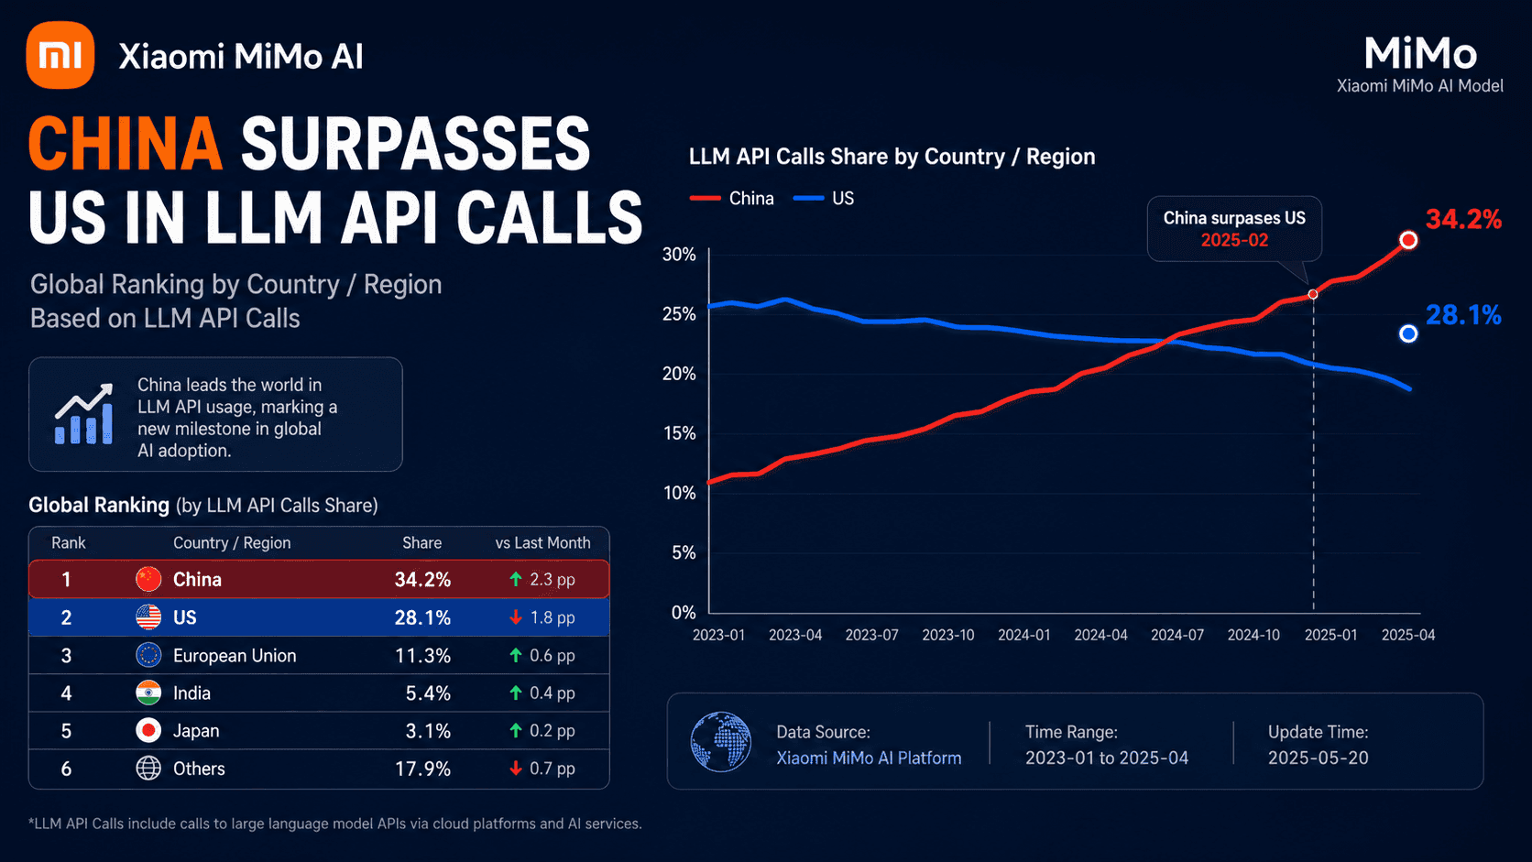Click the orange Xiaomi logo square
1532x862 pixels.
pyautogui.click(x=60, y=55)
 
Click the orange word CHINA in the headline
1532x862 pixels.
pyautogui.click(x=126, y=144)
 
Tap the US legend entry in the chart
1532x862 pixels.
pyautogui.click(x=824, y=198)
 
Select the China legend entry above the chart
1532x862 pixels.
pyautogui.click(x=732, y=198)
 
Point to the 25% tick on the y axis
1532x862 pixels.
pyautogui.click(x=678, y=314)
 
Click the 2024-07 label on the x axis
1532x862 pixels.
pyautogui.click(x=1177, y=635)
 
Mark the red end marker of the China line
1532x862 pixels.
pyautogui.click(x=1408, y=240)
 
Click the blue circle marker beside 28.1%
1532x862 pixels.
pyautogui.click(x=1408, y=333)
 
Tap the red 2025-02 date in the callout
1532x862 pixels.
pyautogui.click(x=1234, y=241)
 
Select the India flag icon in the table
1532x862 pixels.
pyautogui.click(x=148, y=693)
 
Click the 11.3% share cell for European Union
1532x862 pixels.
pyautogui.click(x=422, y=656)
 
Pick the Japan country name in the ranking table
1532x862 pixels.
pyautogui.click(x=196, y=731)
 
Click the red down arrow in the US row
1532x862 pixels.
pyautogui.click(x=516, y=617)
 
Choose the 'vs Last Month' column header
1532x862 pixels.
pyautogui.click(x=543, y=543)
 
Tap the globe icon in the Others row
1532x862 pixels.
pyautogui.click(x=148, y=769)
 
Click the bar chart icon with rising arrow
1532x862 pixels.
pyautogui.click(x=84, y=414)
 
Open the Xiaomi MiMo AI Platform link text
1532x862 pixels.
pyautogui.click(x=869, y=758)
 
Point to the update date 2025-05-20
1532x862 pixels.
pyautogui.click(x=1318, y=758)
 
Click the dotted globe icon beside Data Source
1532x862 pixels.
pyautogui.click(x=721, y=742)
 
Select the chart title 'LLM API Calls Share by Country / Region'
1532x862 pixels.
pyautogui.click(x=892, y=157)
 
